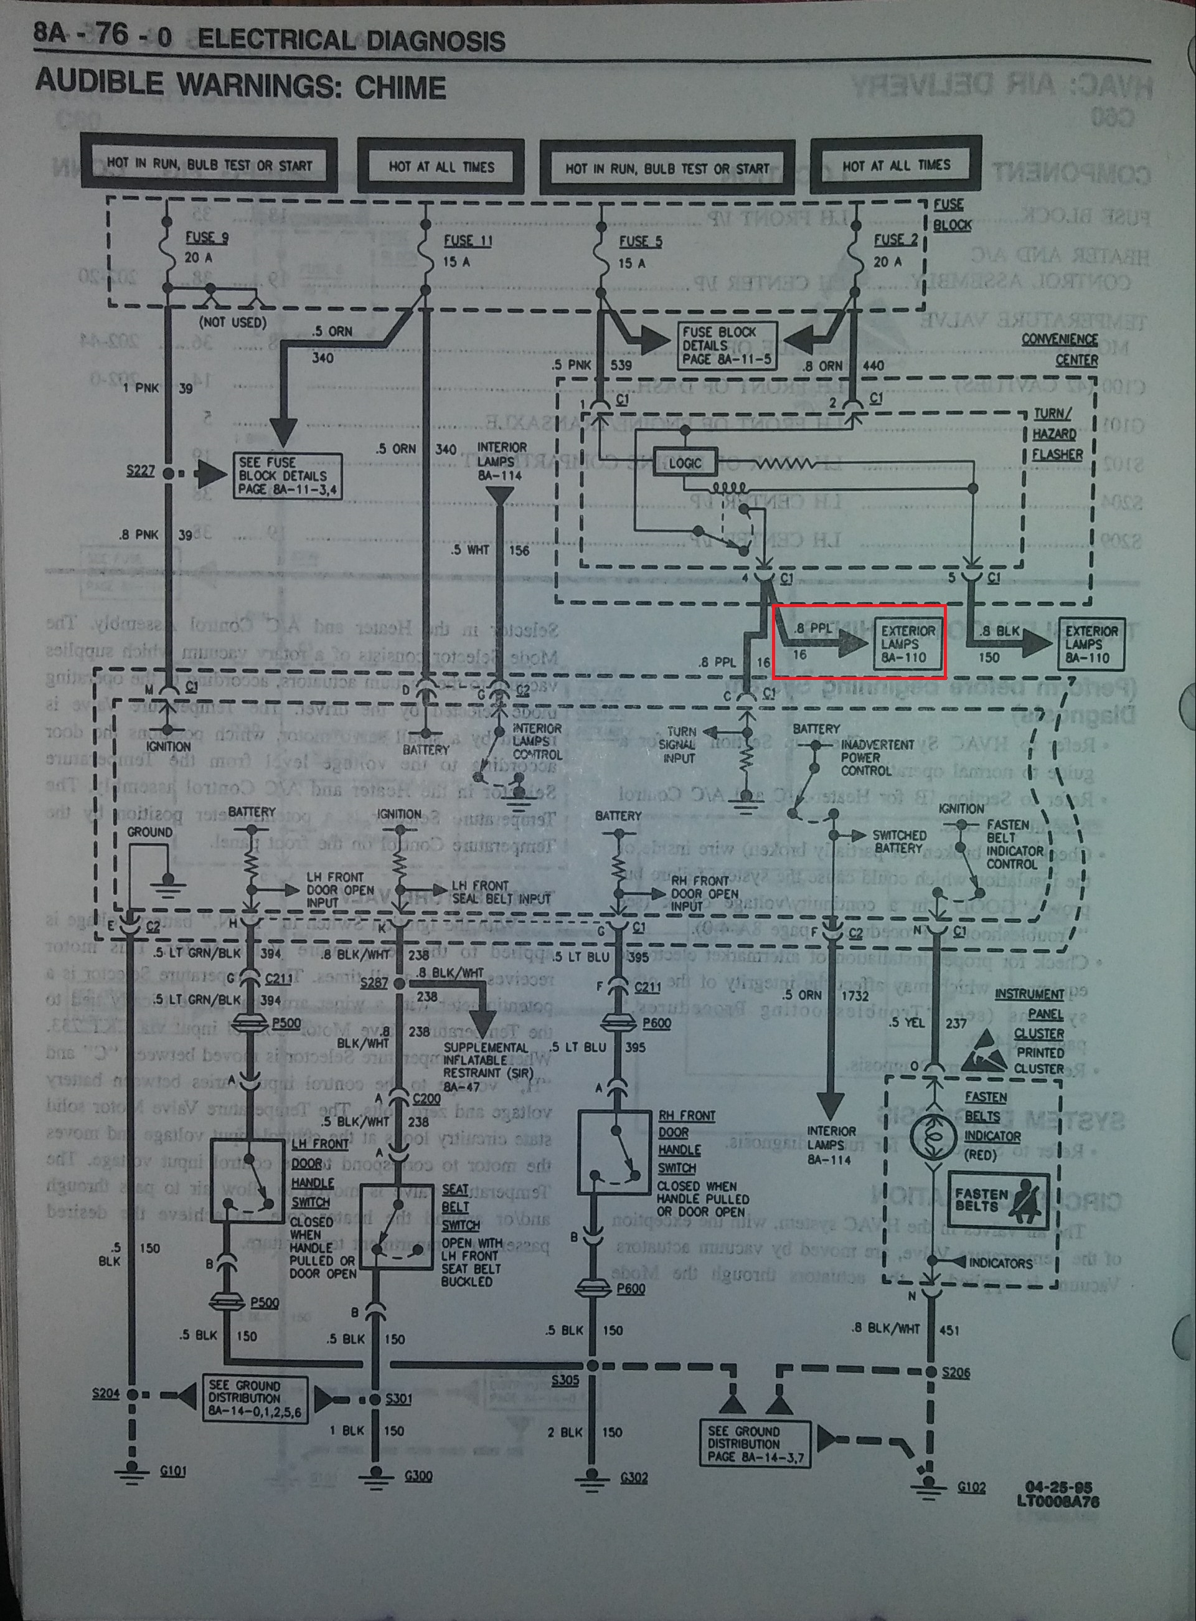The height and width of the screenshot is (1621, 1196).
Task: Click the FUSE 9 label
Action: [x=205, y=237]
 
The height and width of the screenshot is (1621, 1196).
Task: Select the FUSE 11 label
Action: [x=467, y=240]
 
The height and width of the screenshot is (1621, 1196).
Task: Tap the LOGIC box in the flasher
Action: [x=684, y=462]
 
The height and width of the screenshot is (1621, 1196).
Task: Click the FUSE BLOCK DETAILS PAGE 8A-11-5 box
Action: [x=726, y=346]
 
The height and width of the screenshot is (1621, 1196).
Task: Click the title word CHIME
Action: [x=400, y=88]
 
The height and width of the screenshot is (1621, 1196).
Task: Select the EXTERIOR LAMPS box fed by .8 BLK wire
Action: [x=1091, y=644]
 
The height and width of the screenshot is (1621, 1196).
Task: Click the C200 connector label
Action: [x=426, y=1099]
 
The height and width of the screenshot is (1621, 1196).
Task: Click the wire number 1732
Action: [x=855, y=996]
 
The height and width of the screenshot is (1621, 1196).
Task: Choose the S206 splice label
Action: [x=956, y=1372]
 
